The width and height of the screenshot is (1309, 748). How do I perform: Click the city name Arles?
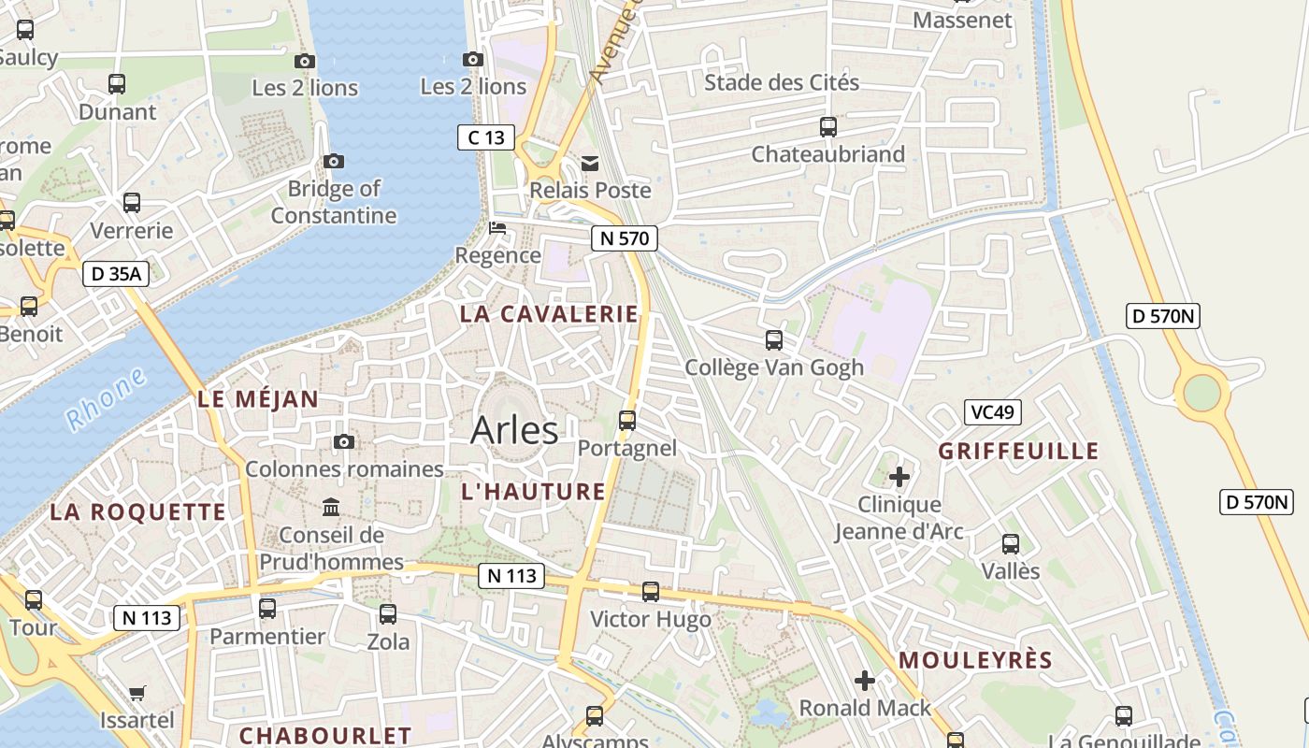(514, 431)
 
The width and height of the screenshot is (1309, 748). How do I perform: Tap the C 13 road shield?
(486, 137)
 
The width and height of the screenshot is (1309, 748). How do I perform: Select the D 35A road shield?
(116, 274)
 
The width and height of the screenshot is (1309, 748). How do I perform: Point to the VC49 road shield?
(993, 412)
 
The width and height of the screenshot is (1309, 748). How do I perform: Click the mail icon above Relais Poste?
(590, 164)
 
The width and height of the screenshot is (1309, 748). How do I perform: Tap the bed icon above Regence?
(497, 228)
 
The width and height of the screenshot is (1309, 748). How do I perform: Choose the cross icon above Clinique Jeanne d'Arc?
(899, 477)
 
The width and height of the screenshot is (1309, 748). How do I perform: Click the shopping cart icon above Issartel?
(137, 693)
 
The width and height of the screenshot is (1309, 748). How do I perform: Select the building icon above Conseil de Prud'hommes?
(331, 507)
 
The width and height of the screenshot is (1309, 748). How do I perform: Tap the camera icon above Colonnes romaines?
(344, 441)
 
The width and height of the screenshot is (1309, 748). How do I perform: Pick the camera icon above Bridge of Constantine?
(334, 161)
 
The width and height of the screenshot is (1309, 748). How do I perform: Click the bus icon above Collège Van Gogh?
(774, 339)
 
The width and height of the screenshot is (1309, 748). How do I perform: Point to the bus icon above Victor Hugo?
(651, 591)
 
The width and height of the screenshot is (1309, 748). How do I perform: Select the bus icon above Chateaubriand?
(828, 126)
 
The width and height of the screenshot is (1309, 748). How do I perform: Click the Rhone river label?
(107, 399)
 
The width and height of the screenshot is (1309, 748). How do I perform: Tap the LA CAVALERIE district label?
(549, 314)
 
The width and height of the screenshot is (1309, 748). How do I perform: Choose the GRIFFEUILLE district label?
(1018, 451)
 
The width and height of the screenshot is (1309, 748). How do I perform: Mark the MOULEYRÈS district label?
(975, 660)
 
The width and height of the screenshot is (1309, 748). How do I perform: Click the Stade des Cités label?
(782, 82)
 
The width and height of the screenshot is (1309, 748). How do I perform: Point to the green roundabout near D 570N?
(1202, 393)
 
